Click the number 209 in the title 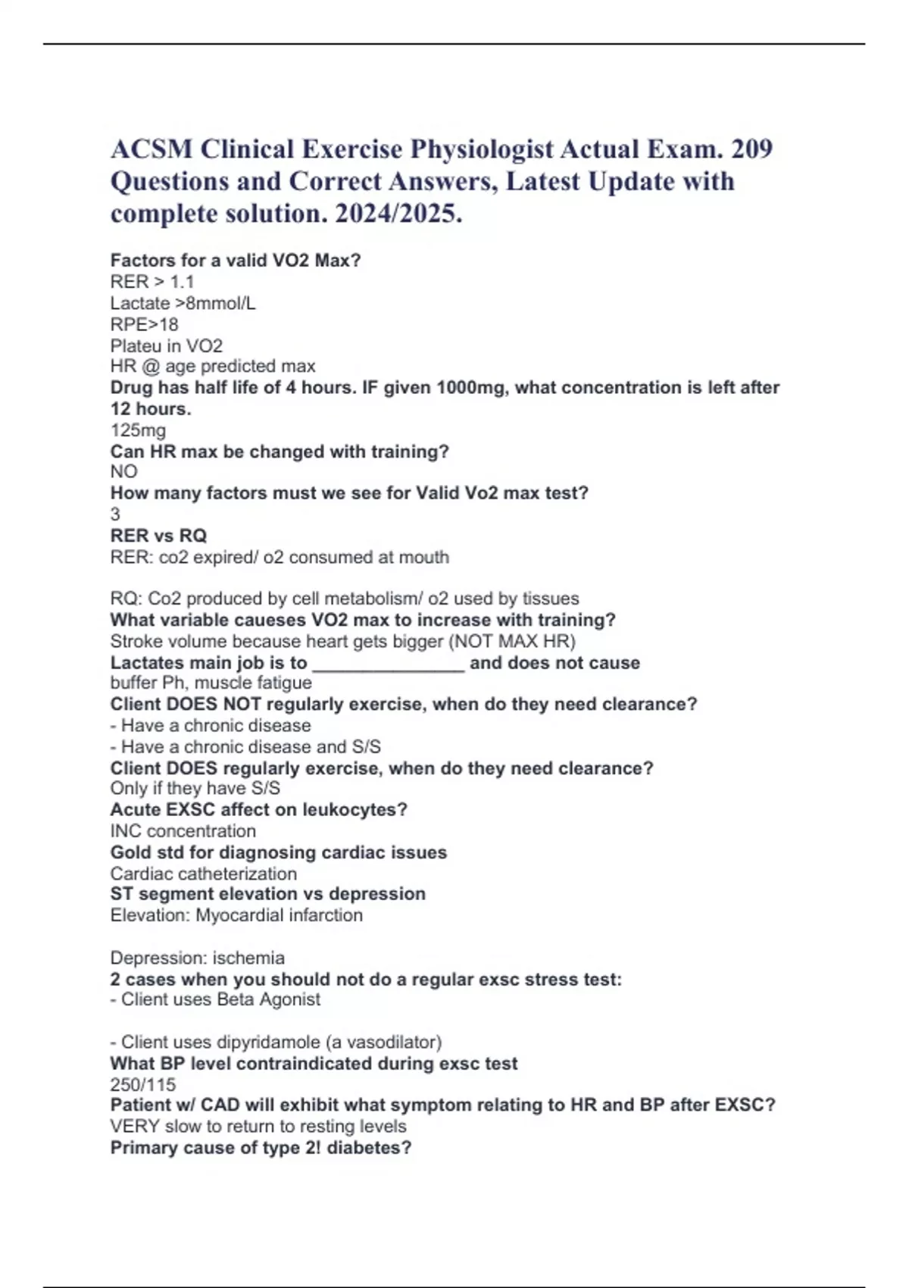pos(751,148)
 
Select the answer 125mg pos(138,430)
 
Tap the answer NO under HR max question pos(123,472)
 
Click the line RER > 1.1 pos(152,282)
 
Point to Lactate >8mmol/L pos(183,303)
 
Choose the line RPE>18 pos(144,324)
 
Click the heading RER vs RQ pos(158,536)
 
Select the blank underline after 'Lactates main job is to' pos(388,664)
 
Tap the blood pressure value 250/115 pos(142,1084)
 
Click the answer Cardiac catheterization pos(203,874)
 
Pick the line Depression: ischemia pos(197,958)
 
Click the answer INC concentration pos(183,831)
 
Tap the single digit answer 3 pos(115,514)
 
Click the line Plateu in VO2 pos(167,346)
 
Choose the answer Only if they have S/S pos(195,789)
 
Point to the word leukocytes pos(354,810)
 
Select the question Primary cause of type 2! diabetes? pos(261,1148)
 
